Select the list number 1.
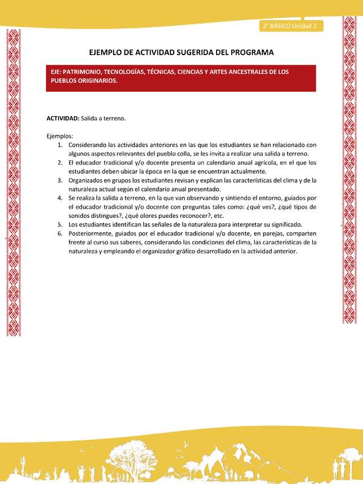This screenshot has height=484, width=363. [60, 145]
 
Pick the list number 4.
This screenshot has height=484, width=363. [60, 198]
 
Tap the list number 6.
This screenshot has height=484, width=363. [60, 233]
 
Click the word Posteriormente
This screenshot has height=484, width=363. [91, 233]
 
